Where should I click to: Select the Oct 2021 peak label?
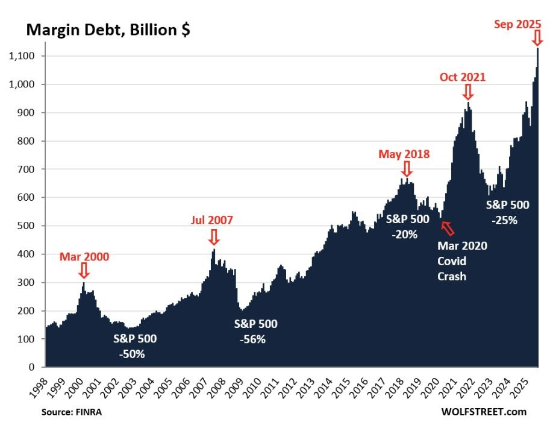tap(462, 77)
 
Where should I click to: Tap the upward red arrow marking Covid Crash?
tap(447, 228)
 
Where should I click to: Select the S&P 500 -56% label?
tap(255, 331)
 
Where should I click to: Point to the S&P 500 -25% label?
tap(507, 212)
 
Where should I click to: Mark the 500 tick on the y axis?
tap(30, 226)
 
